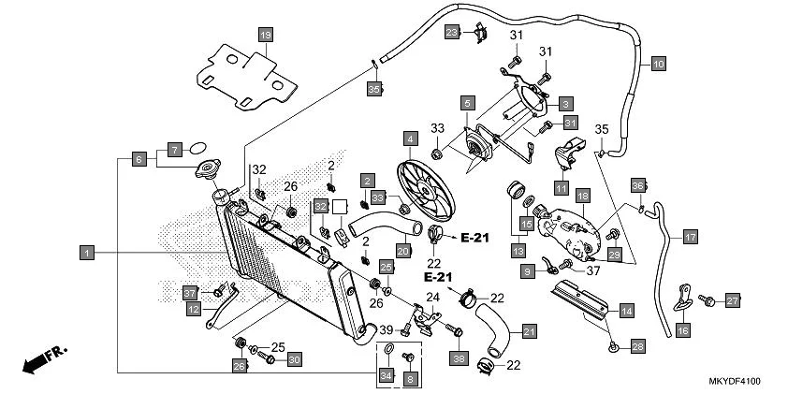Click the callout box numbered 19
click(265, 36)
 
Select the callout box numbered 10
click(658, 65)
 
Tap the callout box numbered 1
click(86, 252)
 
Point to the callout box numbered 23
click(452, 34)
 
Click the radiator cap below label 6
click(205, 171)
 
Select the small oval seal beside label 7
click(197, 147)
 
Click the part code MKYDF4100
click(734, 382)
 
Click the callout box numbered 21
click(530, 331)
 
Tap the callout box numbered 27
click(733, 300)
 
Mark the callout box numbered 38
click(459, 358)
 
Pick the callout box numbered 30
click(294, 358)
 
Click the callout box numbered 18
click(581, 197)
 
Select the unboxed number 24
click(433, 298)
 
